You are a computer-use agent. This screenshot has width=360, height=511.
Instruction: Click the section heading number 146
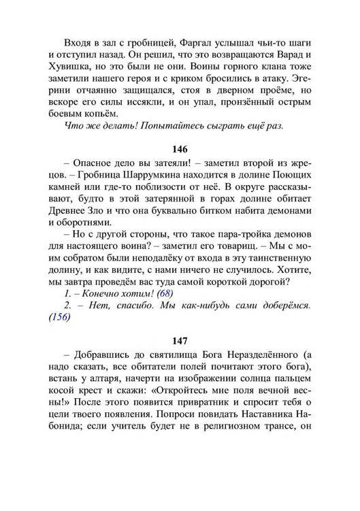[x=180, y=150]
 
